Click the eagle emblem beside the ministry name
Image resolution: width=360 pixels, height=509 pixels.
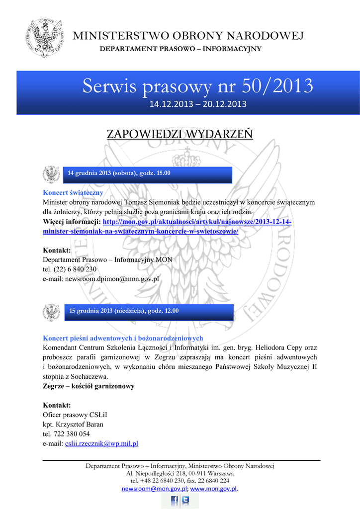click(45, 38)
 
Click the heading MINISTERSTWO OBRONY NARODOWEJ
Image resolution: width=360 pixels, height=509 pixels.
click(188, 36)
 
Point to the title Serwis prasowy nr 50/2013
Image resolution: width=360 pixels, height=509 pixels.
click(197, 86)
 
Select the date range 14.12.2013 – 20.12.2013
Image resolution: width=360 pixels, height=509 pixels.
click(198, 104)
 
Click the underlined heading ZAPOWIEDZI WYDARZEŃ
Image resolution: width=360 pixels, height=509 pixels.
click(180, 134)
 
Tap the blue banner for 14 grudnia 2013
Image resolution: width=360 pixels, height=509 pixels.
click(148, 173)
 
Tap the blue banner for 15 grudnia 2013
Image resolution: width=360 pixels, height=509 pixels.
click(149, 311)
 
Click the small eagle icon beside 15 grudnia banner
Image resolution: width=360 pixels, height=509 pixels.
click(51, 312)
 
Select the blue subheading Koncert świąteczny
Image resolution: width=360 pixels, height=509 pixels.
click(73, 193)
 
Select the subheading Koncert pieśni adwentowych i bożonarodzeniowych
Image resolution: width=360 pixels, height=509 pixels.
click(123, 338)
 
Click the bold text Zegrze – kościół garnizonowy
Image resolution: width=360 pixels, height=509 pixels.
click(89, 386)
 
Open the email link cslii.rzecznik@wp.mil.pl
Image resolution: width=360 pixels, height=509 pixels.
click(101, 443)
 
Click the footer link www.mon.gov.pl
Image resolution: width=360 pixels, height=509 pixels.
click(214, 489)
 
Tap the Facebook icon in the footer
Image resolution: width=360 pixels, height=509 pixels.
click(174, 500)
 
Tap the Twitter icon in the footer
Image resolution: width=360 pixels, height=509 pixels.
click(185, 500)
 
